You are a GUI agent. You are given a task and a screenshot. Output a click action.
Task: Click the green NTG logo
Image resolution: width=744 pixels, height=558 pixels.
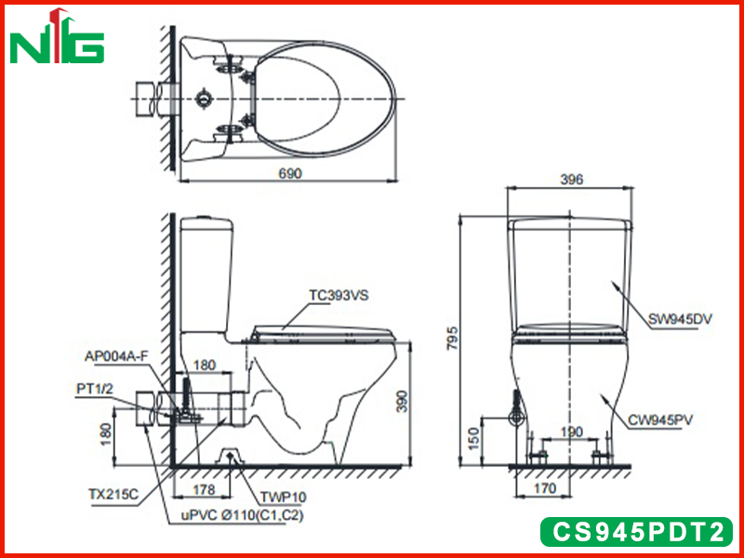[x=57, y=37]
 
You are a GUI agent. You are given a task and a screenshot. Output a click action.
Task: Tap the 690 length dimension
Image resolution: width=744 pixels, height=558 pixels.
[x=290, y=173]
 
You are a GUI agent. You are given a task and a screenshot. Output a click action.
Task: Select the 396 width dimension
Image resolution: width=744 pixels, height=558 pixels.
[x=571, y=179]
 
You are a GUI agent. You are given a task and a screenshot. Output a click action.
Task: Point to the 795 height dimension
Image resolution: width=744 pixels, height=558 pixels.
[x=453, y=338]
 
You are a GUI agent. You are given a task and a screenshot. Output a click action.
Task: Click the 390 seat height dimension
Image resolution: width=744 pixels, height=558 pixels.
[x=402, y=402]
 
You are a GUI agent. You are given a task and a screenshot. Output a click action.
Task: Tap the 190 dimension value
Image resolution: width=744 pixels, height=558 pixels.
[x=571, y=432]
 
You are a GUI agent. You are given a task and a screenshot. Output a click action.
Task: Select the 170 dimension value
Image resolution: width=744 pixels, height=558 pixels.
[x=544, y=487]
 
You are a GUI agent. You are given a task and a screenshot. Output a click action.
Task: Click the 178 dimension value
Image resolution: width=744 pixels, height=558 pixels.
[x=205, y=489]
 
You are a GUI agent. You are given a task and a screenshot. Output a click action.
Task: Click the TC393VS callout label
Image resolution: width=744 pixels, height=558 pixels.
[x=339, y=296]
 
